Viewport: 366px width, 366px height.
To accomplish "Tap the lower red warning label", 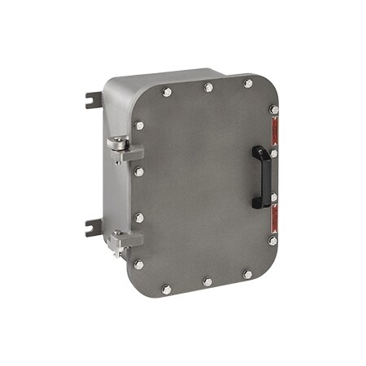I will [274, 217].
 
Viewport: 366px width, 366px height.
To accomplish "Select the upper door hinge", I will [123, 149].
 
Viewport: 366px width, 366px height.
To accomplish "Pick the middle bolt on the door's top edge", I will [208, 87].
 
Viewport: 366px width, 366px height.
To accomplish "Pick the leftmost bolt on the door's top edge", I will [167, 93].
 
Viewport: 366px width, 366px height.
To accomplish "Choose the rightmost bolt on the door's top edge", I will [248, 83].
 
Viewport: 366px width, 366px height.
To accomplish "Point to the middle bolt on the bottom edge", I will [207, 281].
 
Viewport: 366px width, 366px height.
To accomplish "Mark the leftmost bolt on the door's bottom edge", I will [166, 289].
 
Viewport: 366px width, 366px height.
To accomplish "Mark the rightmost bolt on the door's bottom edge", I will [247, 274].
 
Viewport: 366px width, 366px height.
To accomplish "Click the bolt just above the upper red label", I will [274, 110].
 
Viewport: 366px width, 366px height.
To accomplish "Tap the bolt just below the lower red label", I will [272, 240].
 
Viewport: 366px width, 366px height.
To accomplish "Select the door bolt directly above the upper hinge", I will [140, 126].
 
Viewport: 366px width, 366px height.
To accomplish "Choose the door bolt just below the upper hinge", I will [139, 172].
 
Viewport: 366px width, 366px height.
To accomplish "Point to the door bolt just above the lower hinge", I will [139, 218].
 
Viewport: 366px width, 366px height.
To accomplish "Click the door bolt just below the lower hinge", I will [139, 264].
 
